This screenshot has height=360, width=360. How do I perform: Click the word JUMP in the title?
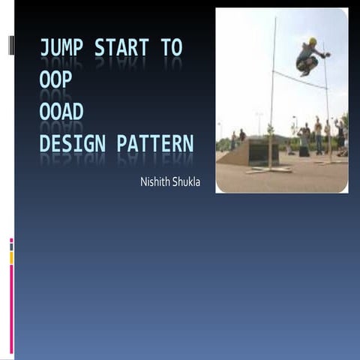tap(62, 49)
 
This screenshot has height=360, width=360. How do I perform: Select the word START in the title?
tap(121, 49)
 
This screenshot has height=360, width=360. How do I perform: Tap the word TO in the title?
tap(171, 49)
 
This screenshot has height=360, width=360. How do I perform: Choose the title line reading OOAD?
tap(61, 112)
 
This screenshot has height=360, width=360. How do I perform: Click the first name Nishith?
tap(154, 182)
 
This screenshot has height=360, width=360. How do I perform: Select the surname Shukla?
tap(186, 182)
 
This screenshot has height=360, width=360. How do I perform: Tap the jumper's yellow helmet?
tap(312, 41)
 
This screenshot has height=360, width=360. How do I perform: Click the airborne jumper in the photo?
tap(310, 56)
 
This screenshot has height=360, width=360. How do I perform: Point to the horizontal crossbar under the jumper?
tap(300, 79)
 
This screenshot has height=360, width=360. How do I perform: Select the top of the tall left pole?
tap(275, 19)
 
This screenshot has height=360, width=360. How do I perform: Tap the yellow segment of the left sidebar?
tap(11, 258)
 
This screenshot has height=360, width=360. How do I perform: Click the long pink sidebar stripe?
tap(11, 307)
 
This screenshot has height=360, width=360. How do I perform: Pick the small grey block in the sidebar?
tap(11, 247)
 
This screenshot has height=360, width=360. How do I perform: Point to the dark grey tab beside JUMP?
tap(11, 46)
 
